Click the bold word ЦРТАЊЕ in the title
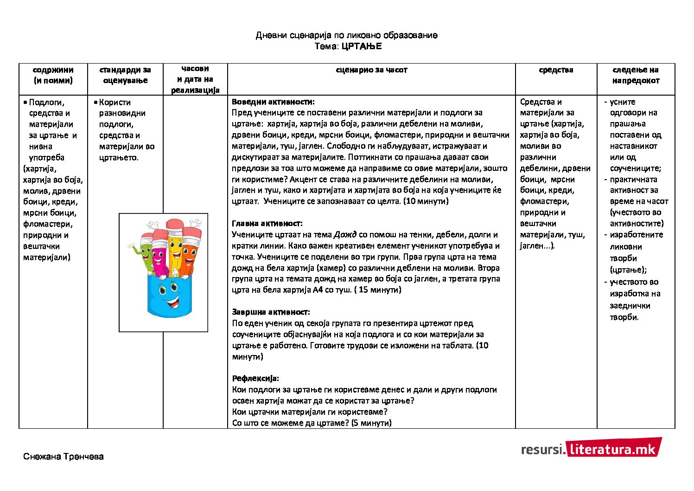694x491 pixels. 362,46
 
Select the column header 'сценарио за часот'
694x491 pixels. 371,70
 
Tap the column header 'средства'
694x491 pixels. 556,70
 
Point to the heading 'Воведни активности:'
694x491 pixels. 273,102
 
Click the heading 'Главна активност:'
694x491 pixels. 267,223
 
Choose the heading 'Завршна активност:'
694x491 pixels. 271,312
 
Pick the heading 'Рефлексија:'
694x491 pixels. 255,378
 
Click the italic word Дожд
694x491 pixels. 345,235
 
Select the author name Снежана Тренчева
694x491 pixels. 64,457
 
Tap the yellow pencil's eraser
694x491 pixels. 175,225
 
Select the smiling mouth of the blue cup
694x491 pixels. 172,304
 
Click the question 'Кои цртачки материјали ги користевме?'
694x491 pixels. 310,412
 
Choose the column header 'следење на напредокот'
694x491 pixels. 636,75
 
